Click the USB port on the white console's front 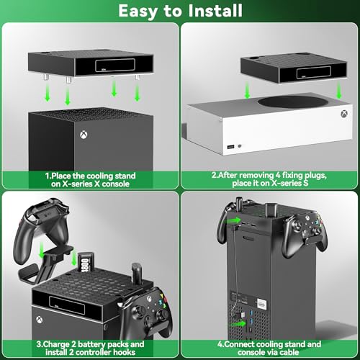(x=229, y=145)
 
